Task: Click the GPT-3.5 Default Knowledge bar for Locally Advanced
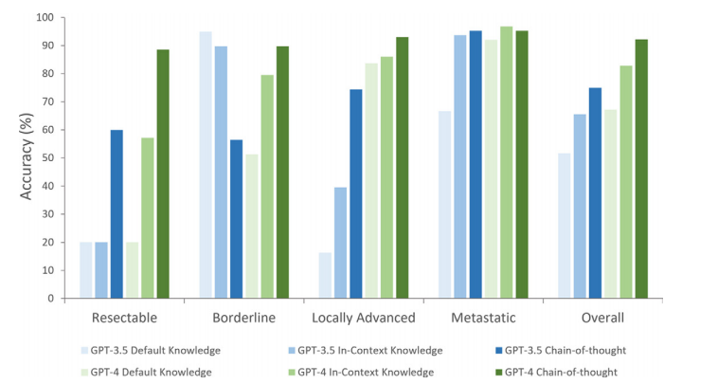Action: pos(325,275)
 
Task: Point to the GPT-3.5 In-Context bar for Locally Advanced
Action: pos(341,243)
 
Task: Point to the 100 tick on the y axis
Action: pos(43,18)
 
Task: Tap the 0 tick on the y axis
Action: pos(49,299)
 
